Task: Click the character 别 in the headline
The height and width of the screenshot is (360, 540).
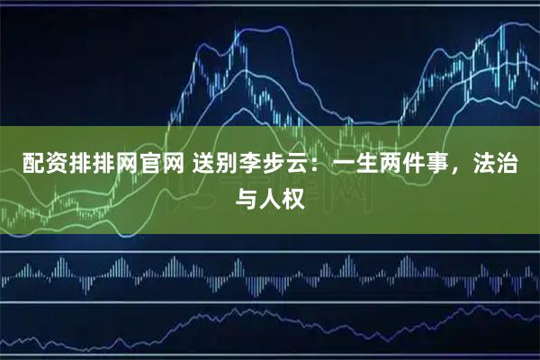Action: [217, 165]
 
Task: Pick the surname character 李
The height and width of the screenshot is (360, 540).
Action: [240, 165]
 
